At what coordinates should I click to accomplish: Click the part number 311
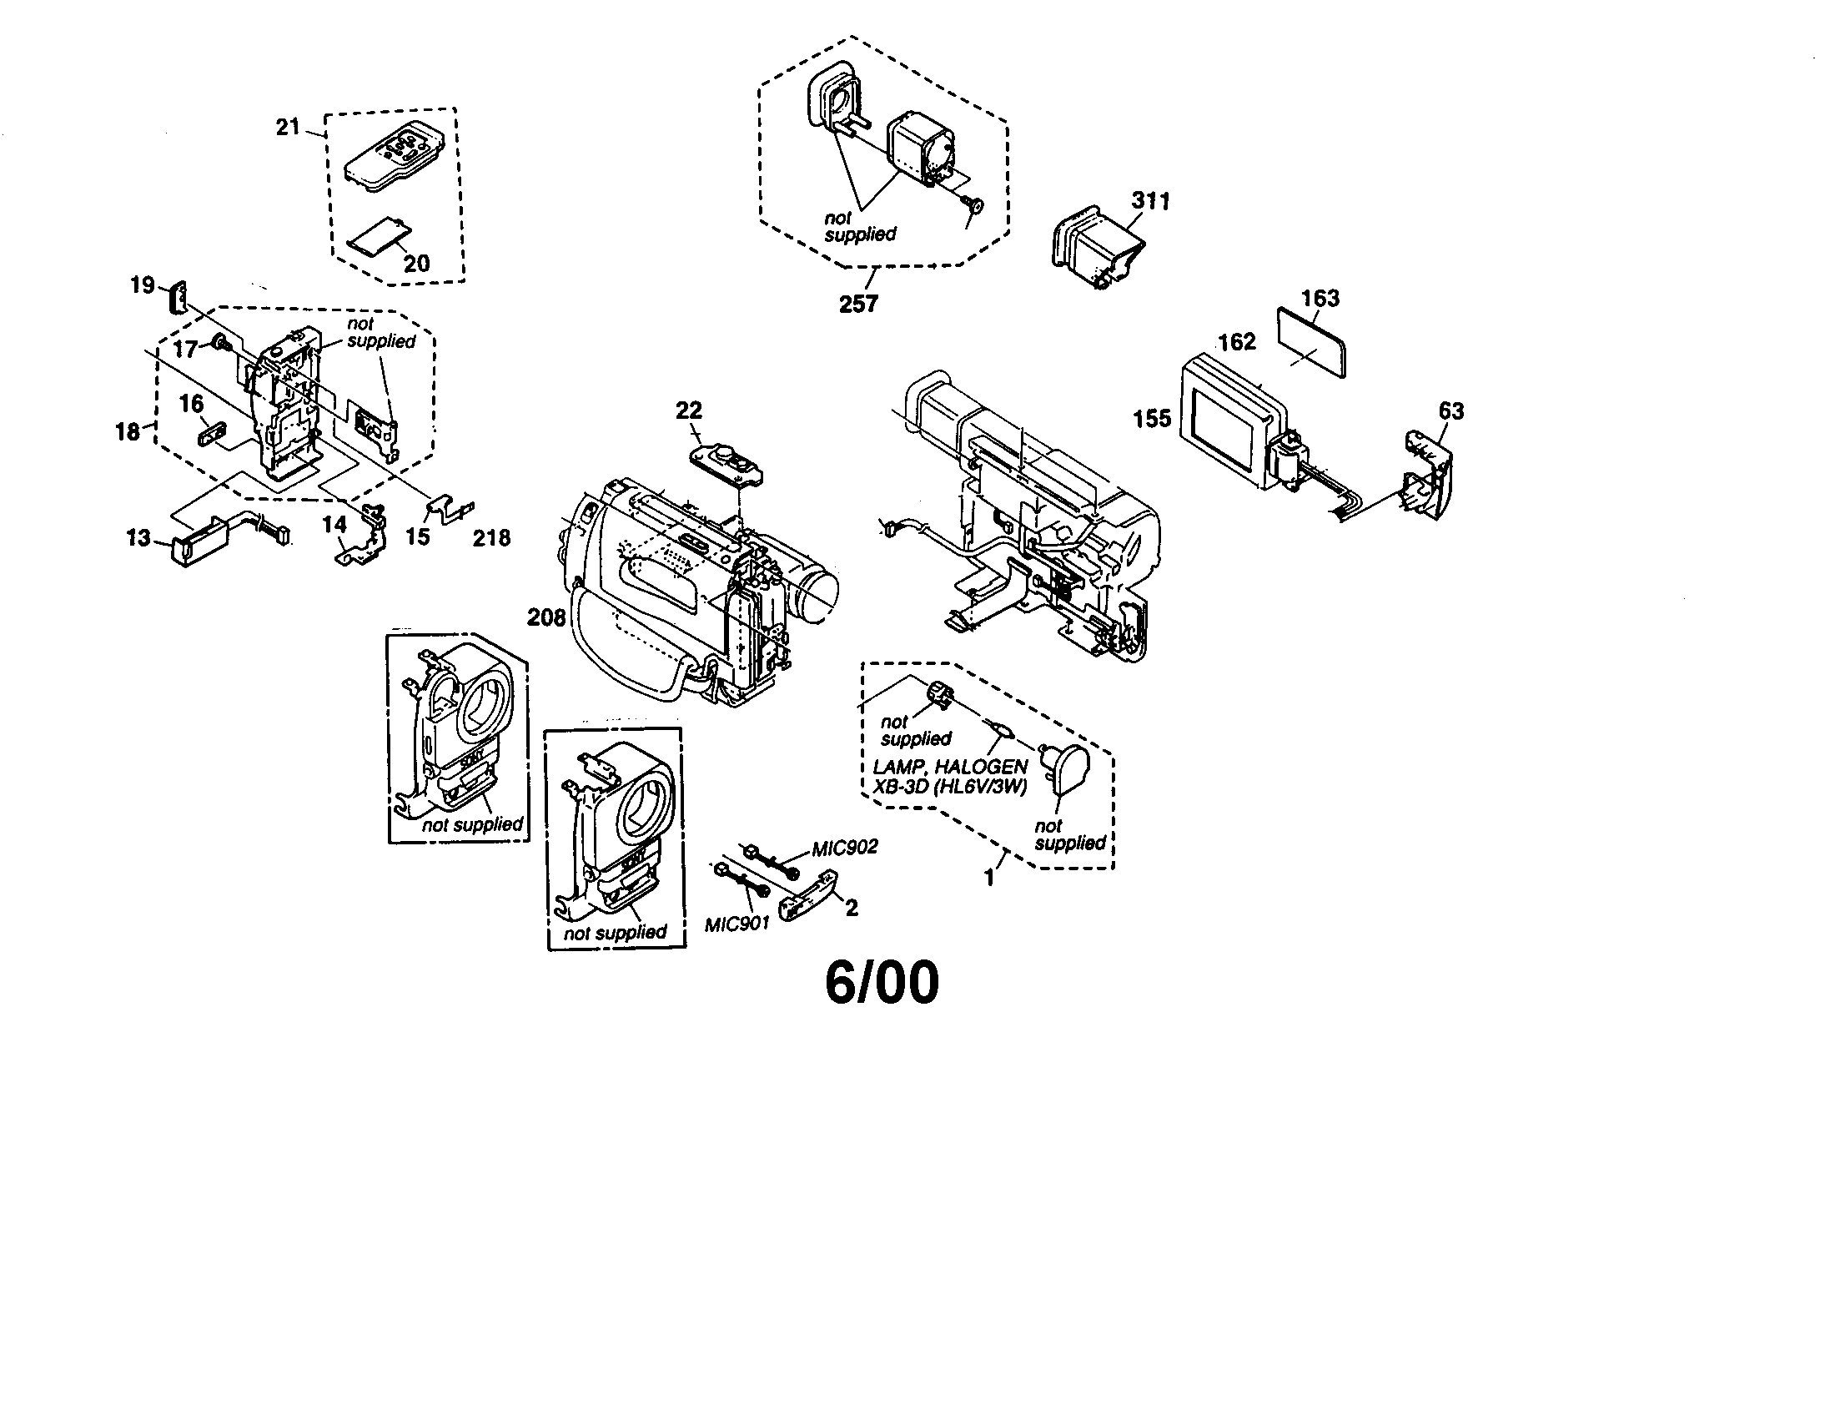(1150, 201)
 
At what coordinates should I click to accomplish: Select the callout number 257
(857, 304)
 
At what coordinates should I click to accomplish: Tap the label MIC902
(844, 847)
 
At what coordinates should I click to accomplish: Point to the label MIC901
(737, 925)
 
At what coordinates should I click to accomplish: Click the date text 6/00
(882, 983)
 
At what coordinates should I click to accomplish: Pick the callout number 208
(546, 617)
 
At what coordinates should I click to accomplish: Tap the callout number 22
(688, 410)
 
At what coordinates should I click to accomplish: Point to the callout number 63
(1451, 410)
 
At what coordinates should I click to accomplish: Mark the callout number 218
(491, 538)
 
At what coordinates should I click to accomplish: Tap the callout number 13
(138, 538)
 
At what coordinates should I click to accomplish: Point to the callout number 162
(1237, 341)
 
